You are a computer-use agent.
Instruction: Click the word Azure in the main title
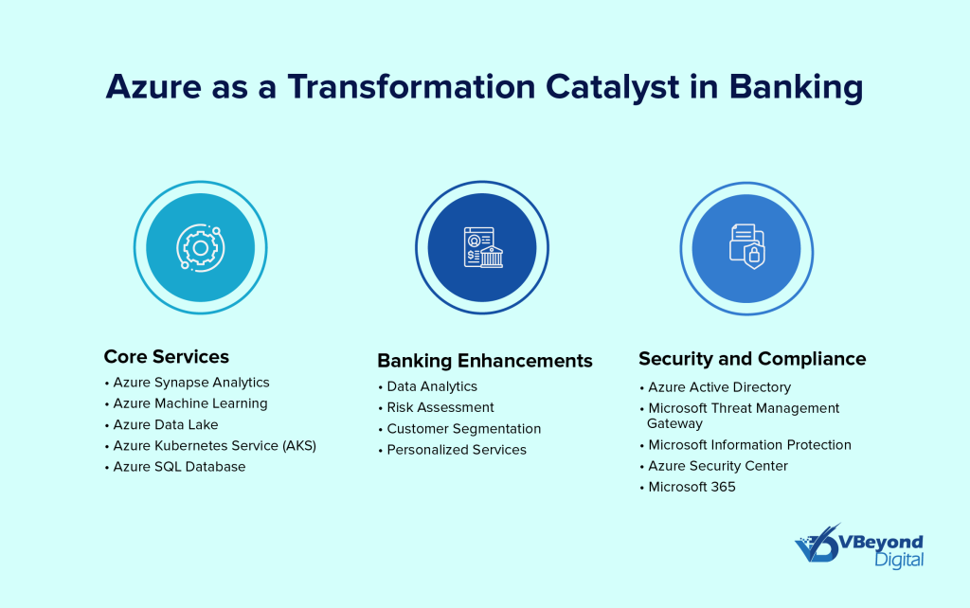pos(153,86)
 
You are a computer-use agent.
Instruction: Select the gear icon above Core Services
pos(201,247)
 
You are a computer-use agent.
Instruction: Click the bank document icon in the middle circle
pos(483,247)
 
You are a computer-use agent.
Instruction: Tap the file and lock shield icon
pos(746,246)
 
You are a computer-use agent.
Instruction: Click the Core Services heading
pos(167,357)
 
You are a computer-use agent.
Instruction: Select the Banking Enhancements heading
pos(485,361)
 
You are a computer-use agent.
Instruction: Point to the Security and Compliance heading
pos(752,359)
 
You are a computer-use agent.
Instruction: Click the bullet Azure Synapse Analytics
pos(191,383)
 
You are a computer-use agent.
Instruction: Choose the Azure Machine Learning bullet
pos(190,403)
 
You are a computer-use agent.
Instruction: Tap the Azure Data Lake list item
pos(166,425)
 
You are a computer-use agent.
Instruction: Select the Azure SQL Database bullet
pos(179,467)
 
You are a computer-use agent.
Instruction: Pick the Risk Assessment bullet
pos(440,407)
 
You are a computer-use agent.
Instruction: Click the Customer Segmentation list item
pos(464,429)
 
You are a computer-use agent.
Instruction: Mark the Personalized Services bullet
pos(457,450)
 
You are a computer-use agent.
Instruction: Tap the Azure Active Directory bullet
pos(720,387)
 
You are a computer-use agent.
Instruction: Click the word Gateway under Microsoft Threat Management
pos(674,423)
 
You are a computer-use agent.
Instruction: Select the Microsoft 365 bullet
pos(692,488)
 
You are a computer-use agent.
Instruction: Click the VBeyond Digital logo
pos(859,546)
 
